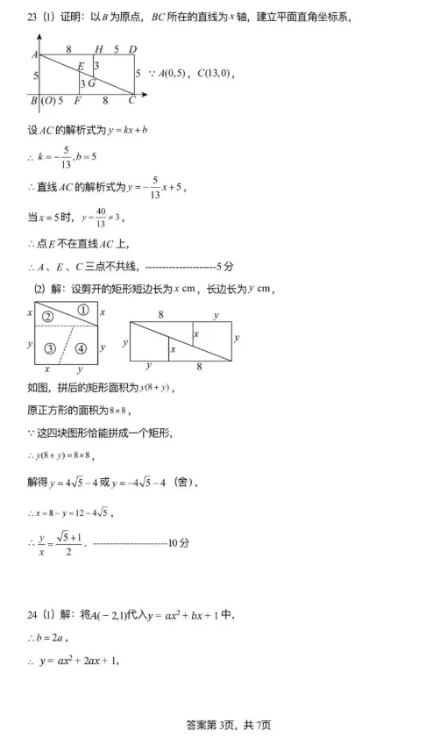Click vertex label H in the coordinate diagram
(x=98, y=49)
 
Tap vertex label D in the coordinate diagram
(x=132, y=49)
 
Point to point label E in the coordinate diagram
(x=81, y=67)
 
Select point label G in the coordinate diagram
(x=91, y=82)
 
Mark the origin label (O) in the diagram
(x=48, y=101)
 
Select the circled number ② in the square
(x=48, y=317)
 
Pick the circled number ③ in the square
(x=50, y=348)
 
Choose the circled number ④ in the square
(x=82, y=348)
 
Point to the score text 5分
(x=224, y=266)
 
